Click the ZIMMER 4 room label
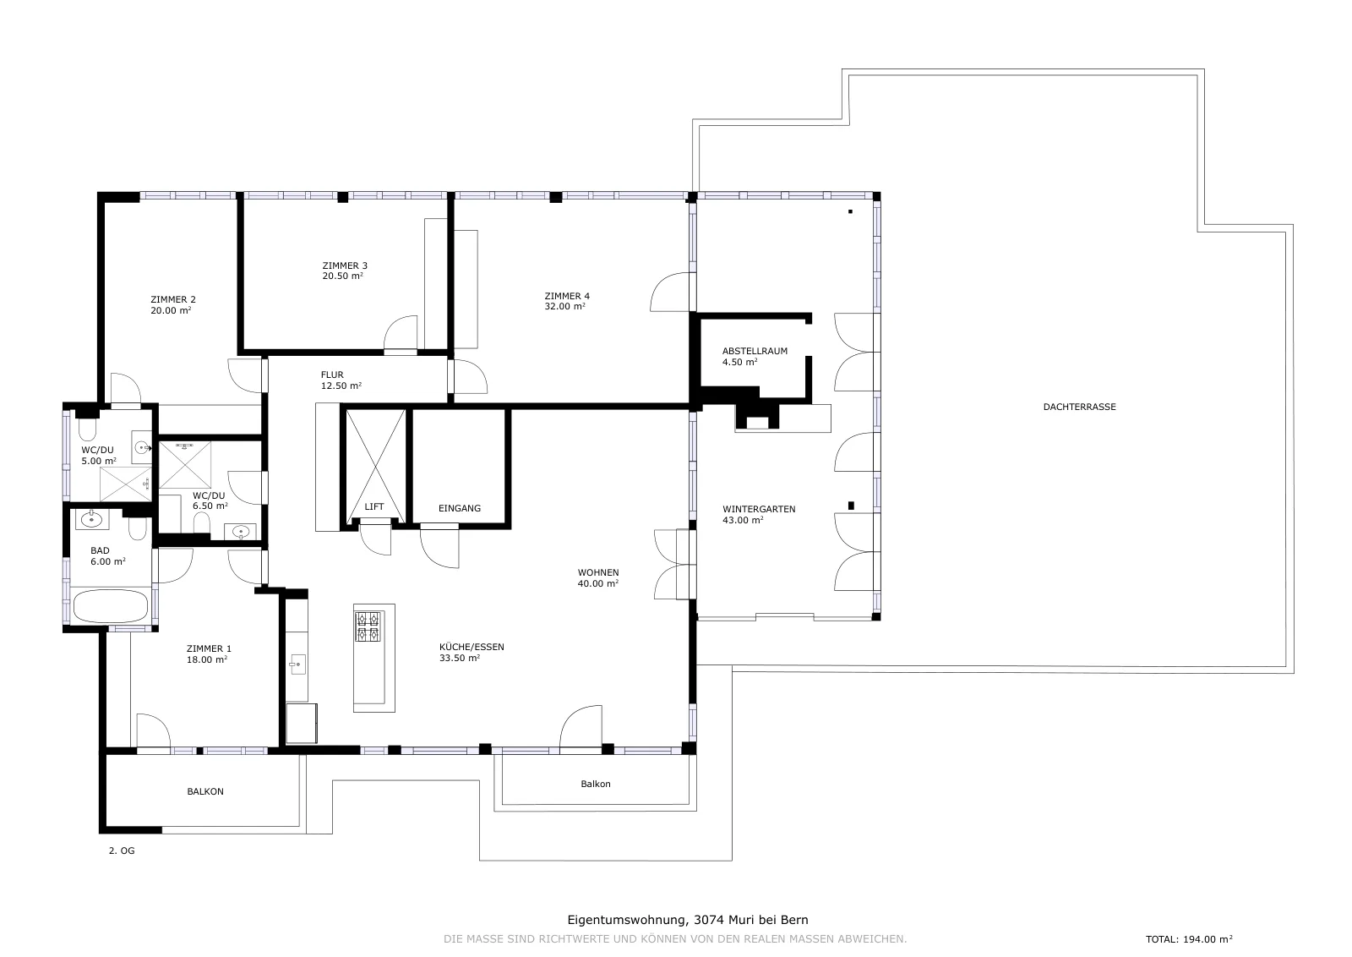pos(567,296)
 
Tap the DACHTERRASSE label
pos(1079,407)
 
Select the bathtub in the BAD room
pos(110,606)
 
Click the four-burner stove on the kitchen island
pos(368,626)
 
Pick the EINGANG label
pos(460,508)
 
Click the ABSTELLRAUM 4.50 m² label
pos(755,356)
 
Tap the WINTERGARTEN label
pos(759,509)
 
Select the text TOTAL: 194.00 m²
pos(1189,939)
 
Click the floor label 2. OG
pos(122,850)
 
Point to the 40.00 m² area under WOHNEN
pos(597,583)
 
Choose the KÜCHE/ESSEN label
pos(472,647)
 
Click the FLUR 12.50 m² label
pos(341,380)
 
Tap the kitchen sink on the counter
pos(297,664)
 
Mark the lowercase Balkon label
pos(596,784)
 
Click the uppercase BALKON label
pos(205,791)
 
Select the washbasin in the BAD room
pos(92,519)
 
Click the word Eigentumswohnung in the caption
pos(626,920)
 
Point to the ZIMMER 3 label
pos(345,265)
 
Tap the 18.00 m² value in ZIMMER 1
pos(206,660)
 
